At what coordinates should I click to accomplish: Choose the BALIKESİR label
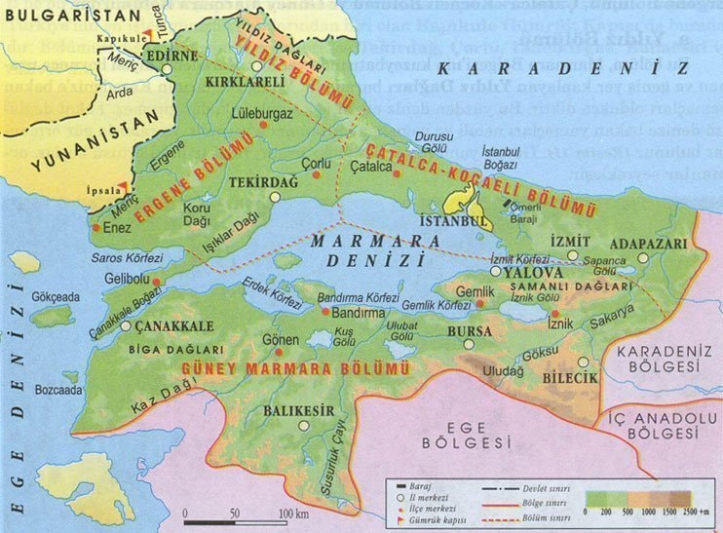(299, 409)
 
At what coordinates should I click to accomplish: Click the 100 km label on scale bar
(293, 513)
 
